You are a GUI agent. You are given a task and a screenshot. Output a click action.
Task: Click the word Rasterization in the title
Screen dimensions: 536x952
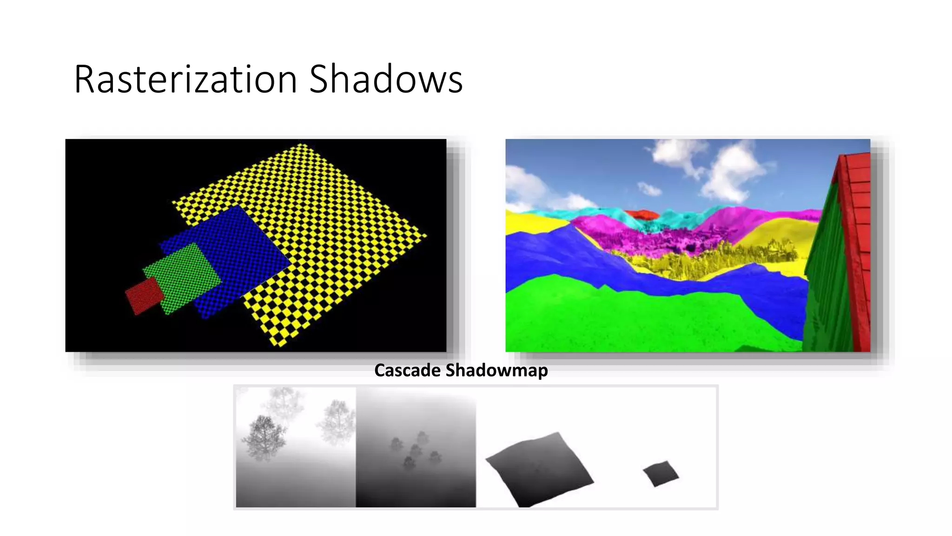click(185, 80)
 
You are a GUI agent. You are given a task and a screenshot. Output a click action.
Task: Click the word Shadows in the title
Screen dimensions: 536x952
click(386, 80)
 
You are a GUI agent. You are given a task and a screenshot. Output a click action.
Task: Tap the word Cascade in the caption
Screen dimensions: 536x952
click(407, 370)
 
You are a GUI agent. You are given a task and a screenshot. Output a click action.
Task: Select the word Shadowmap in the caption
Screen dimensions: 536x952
click(496, 370)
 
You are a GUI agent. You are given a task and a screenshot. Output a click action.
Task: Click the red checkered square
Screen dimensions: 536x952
click(145, 295)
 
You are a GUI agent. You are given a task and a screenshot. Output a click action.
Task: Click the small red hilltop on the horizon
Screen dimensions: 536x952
click(641, 214)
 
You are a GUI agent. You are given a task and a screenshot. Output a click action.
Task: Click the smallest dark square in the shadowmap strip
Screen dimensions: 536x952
click(661, 474)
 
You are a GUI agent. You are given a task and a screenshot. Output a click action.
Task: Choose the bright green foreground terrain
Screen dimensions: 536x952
click(628, 321)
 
